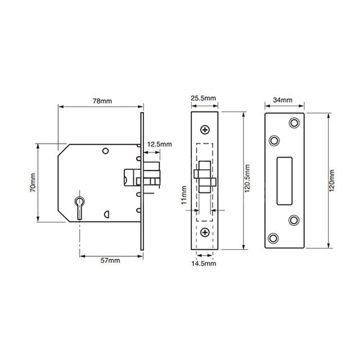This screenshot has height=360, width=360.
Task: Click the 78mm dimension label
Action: point(101,101)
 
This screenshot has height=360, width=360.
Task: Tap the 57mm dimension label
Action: point(109,260)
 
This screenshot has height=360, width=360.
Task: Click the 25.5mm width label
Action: point(204,98)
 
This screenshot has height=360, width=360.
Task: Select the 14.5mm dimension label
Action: point(204,263)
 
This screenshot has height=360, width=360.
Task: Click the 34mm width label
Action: point(285,100)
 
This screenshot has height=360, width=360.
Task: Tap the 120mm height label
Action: point(330,180)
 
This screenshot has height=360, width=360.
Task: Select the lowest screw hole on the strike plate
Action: point(274,238)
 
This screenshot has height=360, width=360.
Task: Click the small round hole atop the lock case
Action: point(105,151)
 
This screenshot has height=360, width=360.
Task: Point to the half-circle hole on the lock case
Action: point(106,214)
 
